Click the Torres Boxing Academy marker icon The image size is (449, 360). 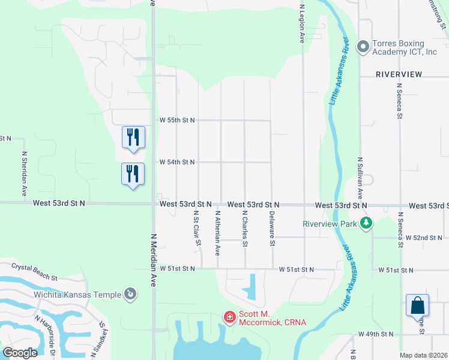pos(363,47)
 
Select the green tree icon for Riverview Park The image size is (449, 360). pos(366,224)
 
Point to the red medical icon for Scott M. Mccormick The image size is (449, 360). pos(229,316)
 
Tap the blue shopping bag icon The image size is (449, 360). pos(417,305)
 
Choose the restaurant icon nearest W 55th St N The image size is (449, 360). pos(133,137)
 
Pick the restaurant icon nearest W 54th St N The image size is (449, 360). pos(133,174)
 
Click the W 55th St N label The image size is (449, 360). pos(177,121)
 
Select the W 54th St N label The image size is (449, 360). pos(177,162)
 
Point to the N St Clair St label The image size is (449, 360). pos(196,228)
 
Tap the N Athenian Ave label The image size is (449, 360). pos(218,233)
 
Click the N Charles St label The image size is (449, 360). pos(245,228)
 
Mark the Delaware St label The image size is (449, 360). pos(272,229)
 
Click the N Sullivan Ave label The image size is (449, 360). pos(360,178)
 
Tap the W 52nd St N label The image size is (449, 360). pos(424,238)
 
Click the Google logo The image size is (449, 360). pos(20,353)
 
